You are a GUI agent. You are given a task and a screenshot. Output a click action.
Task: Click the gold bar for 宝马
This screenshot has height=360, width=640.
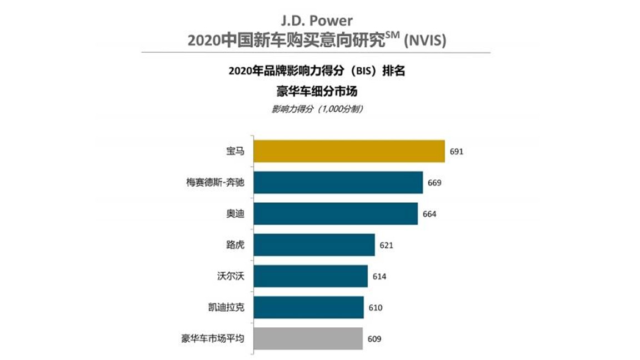pos(349,151)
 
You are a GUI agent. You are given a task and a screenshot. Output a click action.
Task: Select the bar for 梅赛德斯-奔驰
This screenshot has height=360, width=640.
pos(338,182)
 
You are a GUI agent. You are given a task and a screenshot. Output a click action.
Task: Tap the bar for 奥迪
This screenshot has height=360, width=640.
pos(336,213)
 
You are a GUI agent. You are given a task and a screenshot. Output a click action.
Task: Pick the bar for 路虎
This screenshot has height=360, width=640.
pos(314,244)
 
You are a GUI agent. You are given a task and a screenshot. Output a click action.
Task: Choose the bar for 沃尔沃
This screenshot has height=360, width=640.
pos(311,276)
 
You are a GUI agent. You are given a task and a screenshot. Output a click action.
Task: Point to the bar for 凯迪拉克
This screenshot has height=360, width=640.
pos(309,307)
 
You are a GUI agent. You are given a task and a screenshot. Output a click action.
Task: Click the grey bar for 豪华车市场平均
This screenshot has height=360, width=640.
pos(309,338)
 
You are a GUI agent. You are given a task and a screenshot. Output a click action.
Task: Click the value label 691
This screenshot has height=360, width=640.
pos(457,151)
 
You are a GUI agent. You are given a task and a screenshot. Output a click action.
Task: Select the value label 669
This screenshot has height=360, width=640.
pos(434,182)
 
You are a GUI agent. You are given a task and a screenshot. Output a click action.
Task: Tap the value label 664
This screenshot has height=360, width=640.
pos(429,214)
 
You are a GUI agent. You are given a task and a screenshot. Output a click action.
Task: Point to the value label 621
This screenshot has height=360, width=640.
pos(386,245)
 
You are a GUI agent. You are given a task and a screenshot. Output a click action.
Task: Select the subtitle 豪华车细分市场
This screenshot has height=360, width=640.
pos(317,91)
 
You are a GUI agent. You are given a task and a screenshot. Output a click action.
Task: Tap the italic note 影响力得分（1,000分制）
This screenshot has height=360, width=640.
pos(317,109)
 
